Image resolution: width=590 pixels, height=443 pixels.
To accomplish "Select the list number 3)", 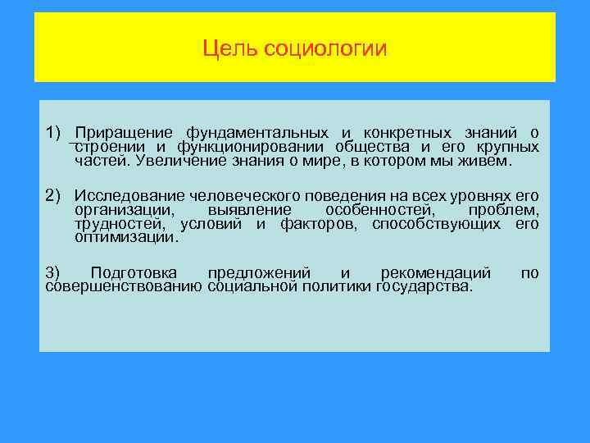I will coord(52,272).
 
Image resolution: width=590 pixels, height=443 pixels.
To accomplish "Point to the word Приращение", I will coord(124,133).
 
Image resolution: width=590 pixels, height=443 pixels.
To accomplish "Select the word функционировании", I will coord(233,147).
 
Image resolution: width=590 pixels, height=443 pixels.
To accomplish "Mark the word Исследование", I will coord(129,195).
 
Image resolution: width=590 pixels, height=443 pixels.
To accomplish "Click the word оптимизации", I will coord(125,238).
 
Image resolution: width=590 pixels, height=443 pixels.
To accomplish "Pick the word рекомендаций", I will coord(436,272).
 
